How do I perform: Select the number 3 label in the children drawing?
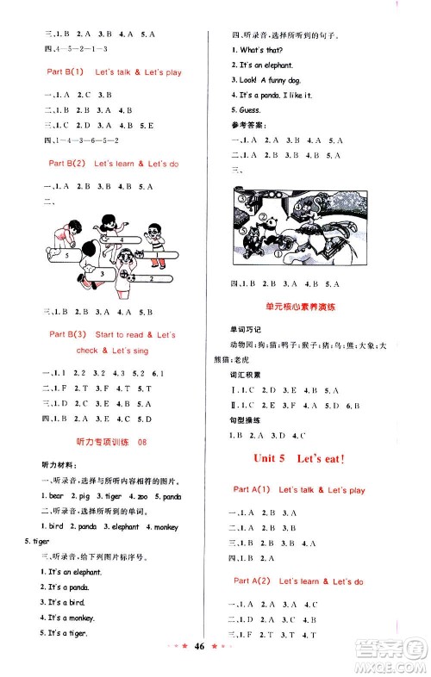click(102, 273)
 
